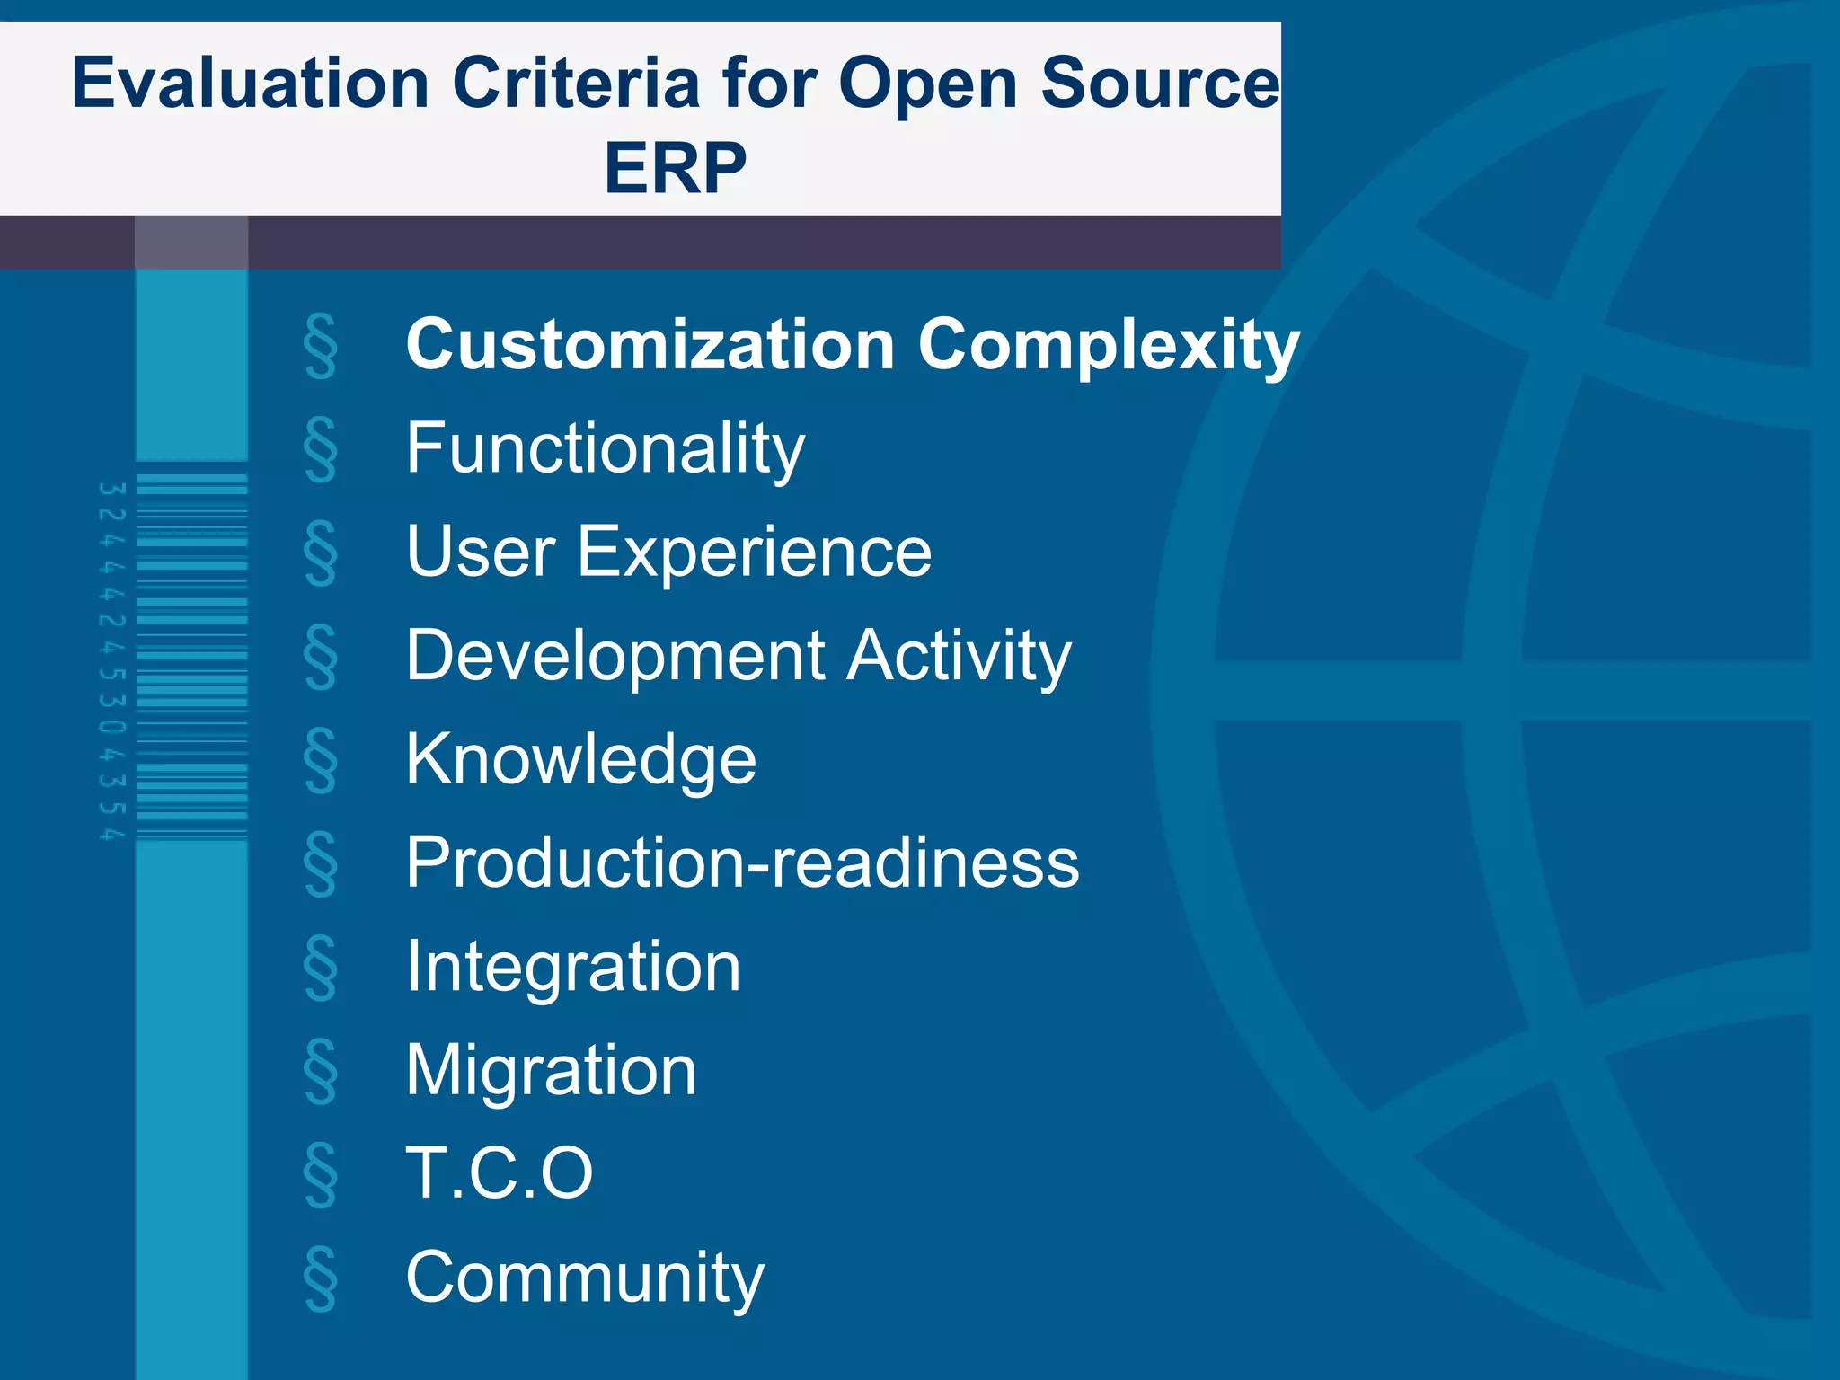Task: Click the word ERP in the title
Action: tap(675, 168)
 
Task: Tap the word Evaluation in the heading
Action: tap(251, 84)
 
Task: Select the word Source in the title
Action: tap(1160, 84)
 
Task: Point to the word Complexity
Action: tap(1109, 346)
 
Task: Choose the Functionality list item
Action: tap(605, 448)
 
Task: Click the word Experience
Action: tap(754, 552)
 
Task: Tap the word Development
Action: tap(615, 656)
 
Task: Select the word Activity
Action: tap(959, 656)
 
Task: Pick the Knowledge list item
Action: tap(580, 760)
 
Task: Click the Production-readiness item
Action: tap(742, 862)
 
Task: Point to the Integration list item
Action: tap(573, 967)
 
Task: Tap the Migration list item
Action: tap(551, 1070)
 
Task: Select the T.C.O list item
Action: tap(500, 1173)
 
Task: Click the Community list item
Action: tap(585, 1278)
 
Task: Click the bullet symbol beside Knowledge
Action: tap(321, 761)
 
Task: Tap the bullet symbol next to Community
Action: tap(321, 1278)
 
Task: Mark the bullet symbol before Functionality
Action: tap(321, 449)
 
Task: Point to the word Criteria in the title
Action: tap(576, 84)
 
